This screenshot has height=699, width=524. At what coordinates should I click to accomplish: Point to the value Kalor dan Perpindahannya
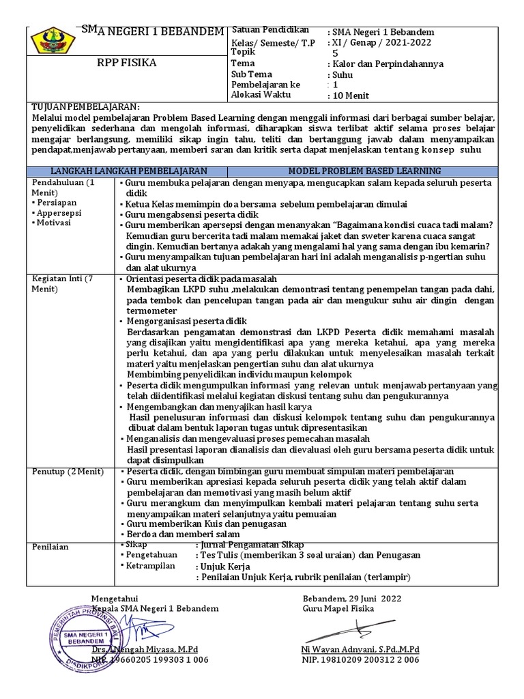[386, 63]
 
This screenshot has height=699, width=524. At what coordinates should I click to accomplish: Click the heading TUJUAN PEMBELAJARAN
[85, 107]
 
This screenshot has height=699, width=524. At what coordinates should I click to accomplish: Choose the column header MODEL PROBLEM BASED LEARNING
[364, 171]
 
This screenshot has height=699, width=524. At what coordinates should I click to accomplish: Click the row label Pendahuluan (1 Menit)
[64, 188]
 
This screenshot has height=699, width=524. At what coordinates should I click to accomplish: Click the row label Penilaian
[50, 547]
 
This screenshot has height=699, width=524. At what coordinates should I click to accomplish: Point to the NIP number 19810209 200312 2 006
[361, 659]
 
